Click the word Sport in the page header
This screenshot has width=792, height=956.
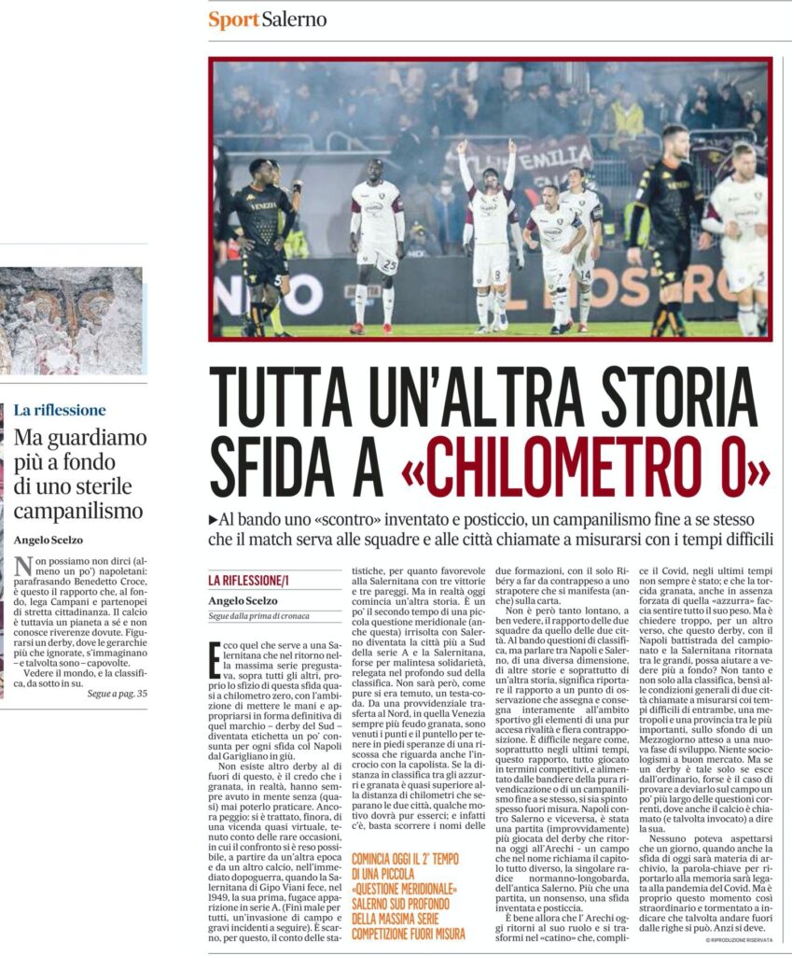coord(233,19)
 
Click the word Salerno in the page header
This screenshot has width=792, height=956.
coord(294,19)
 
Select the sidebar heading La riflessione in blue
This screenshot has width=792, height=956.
coord(60,410)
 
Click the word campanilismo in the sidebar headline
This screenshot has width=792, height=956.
coord(78,511)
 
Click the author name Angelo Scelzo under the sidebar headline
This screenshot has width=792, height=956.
coord(49,540)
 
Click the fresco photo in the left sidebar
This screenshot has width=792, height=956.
coord(71,320)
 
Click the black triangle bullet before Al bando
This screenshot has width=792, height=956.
coord(214,519)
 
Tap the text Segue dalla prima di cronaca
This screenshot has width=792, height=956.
coord(257,615)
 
